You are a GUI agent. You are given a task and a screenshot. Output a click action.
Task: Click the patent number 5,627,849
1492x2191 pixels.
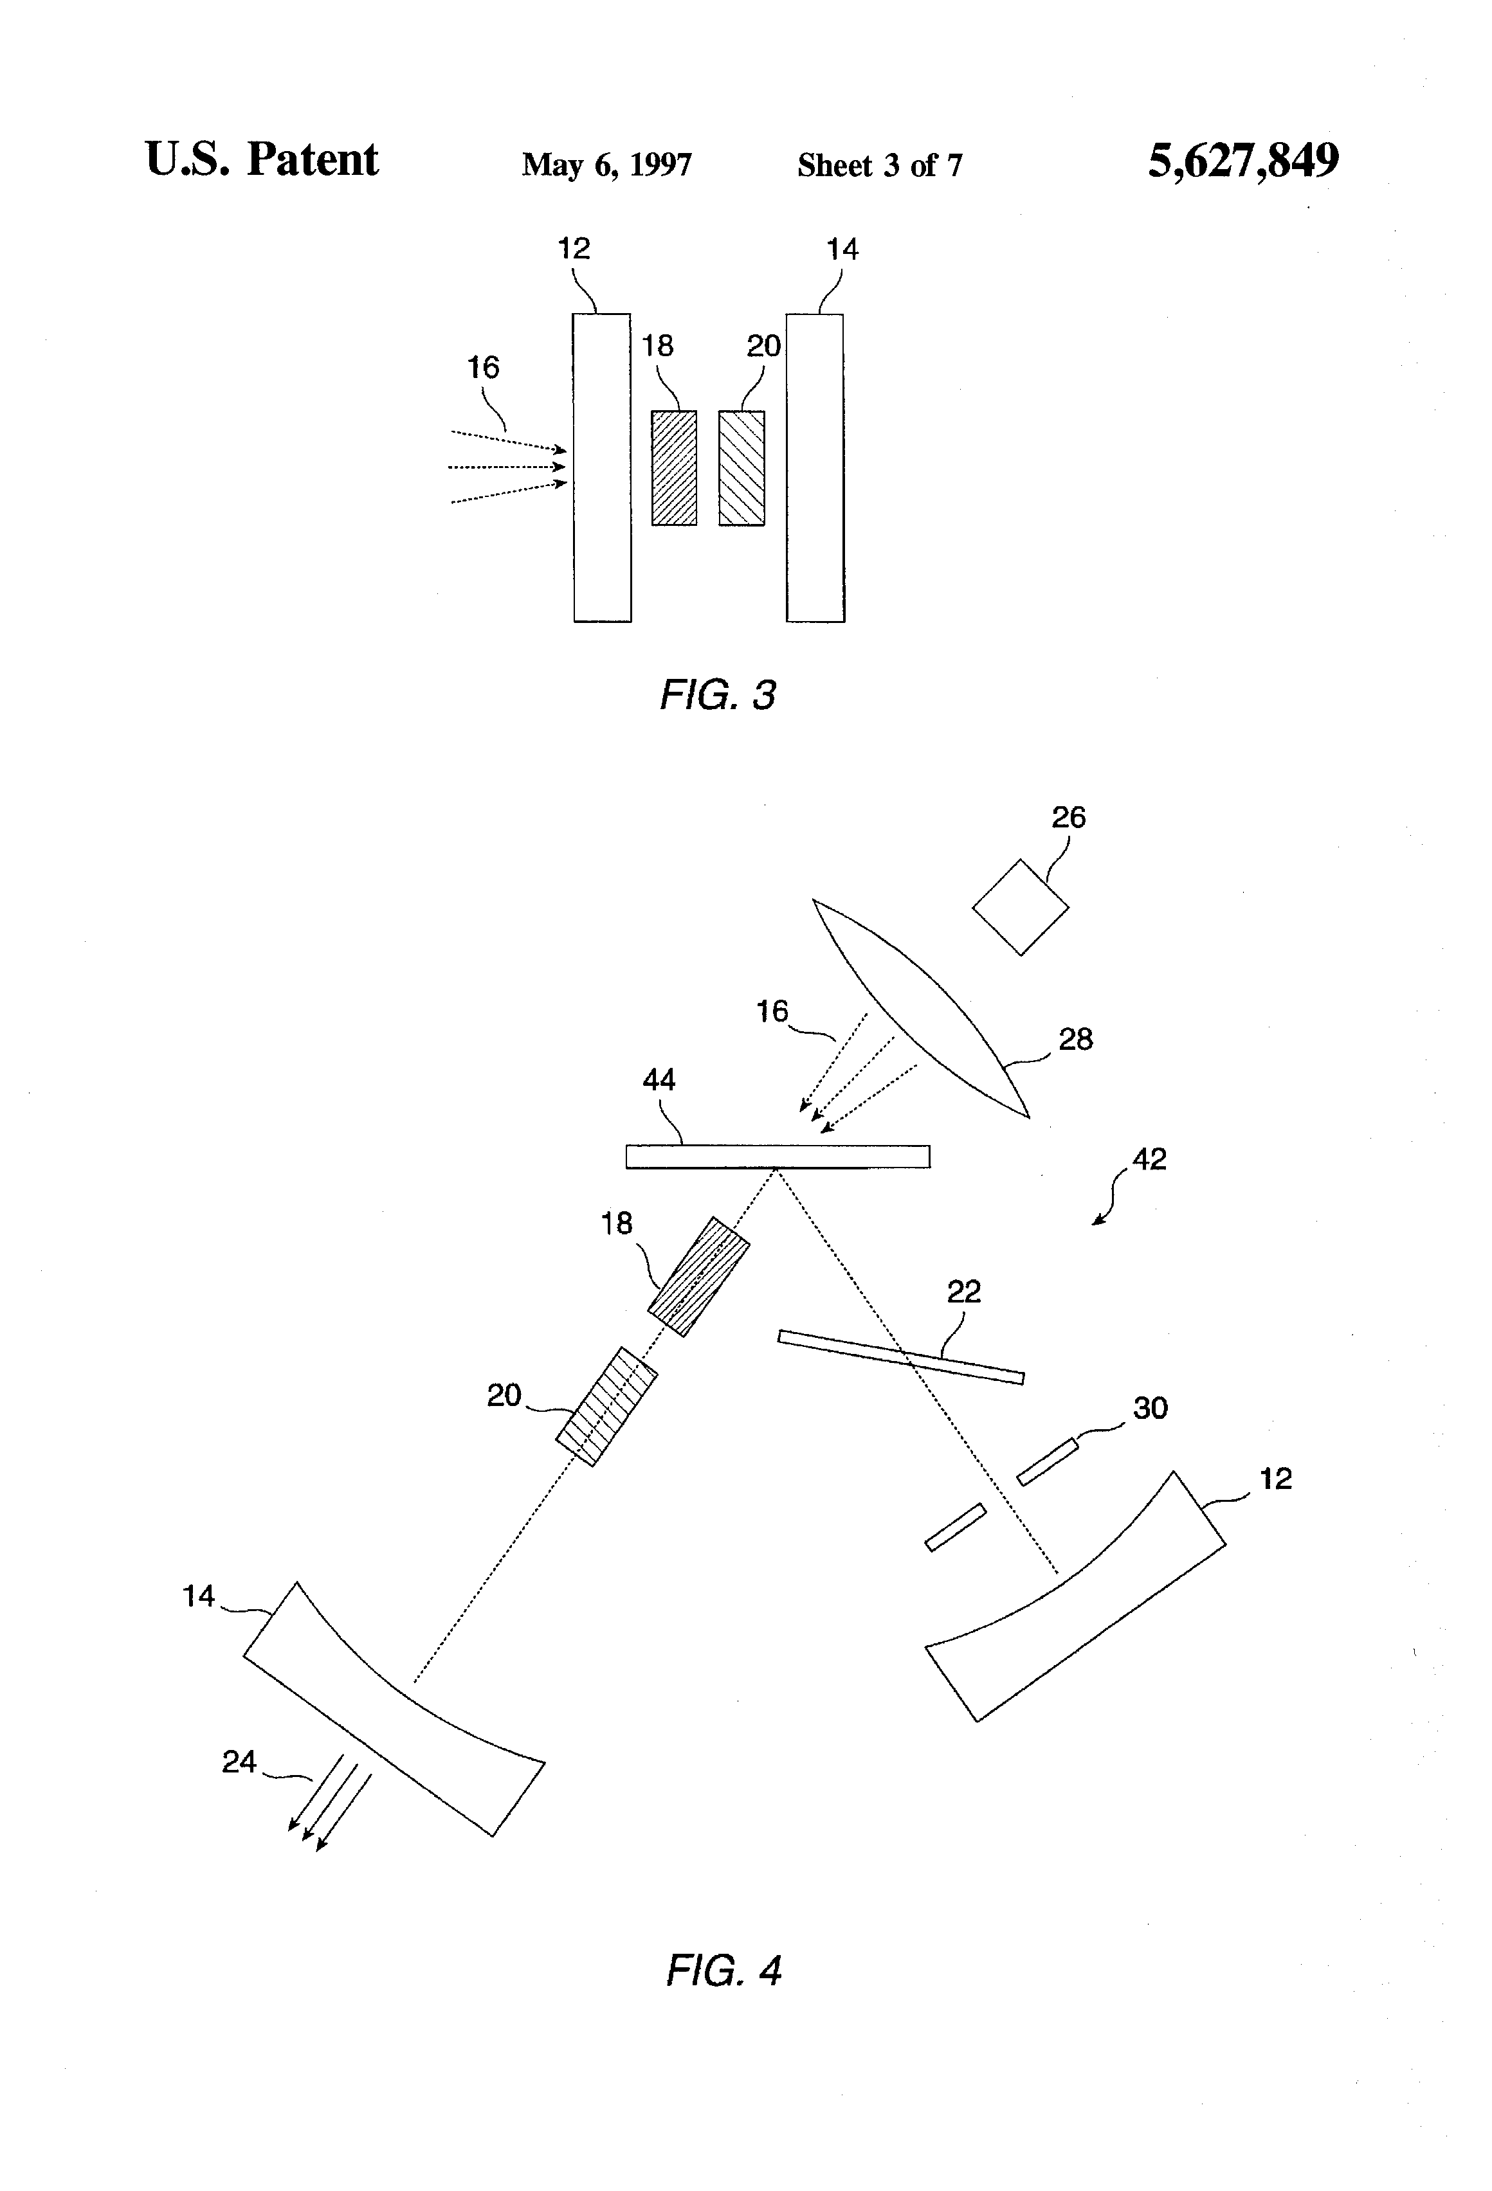click(1243, 161)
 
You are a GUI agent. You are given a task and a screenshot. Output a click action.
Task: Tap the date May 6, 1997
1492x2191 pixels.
click(606, 165)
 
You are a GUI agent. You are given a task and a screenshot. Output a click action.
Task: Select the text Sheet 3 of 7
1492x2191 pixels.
click(880, 165)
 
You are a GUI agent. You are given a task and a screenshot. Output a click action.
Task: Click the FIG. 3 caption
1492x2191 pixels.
click(718, 695)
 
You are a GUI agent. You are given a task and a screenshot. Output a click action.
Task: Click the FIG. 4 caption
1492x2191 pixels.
click(724, 1970)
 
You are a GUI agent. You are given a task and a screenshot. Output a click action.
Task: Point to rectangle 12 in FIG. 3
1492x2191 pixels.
click(603, 467)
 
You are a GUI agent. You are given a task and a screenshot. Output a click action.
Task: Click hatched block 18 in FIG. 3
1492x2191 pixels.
click(675, 467)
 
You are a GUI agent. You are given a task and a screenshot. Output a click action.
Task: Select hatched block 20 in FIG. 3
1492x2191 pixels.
click(742, 467)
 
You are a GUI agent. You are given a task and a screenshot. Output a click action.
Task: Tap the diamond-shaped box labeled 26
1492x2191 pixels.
click(1021, 907)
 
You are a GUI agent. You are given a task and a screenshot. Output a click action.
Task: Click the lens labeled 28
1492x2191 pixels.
click(920, 1009)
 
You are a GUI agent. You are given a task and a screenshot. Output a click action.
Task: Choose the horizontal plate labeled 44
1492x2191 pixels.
click(778, 1157)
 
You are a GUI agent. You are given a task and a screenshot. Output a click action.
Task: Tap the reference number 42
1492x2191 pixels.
click(1149, 1159)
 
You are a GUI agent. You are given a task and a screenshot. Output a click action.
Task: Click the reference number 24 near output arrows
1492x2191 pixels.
click(239, 1761)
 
